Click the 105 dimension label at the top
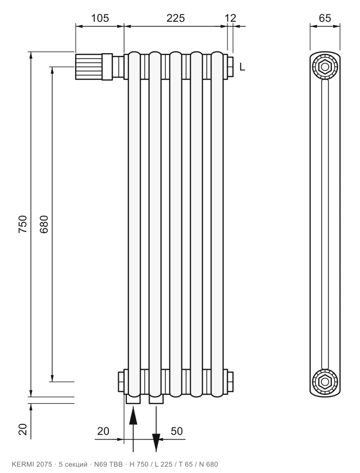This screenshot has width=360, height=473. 100,18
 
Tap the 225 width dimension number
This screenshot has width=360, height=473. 175,18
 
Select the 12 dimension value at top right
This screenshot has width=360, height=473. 230,18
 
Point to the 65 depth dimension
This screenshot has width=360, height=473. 325,18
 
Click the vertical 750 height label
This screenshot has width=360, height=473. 23,224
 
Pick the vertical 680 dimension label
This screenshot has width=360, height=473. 44,224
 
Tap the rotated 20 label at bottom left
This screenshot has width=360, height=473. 23,429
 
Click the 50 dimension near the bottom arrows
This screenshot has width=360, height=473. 177,431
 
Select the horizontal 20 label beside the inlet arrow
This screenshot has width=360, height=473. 103,431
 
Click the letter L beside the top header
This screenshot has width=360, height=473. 242,67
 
